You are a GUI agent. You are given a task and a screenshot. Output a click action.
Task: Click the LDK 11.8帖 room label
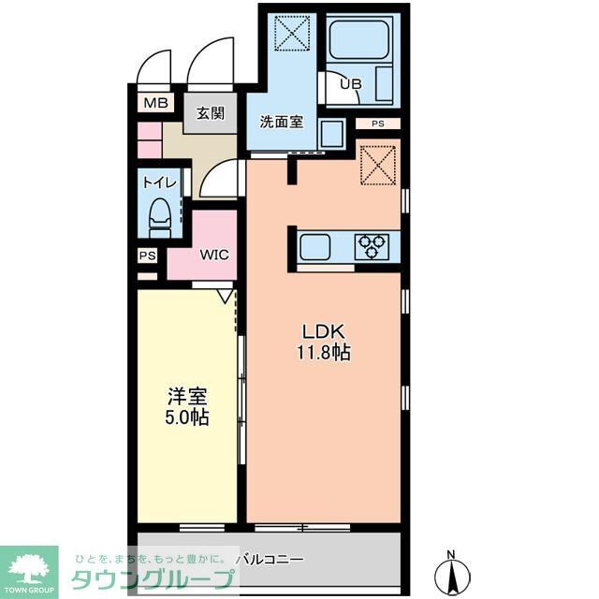[x=324, y=343]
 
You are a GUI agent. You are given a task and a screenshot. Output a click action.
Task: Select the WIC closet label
[x=213, y=255]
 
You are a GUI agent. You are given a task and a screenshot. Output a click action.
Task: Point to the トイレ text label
[x=157, y=183]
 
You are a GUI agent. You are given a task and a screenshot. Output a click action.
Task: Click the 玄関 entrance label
[x=211, y=113]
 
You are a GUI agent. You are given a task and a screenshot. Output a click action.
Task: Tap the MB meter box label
[x=155, y=103]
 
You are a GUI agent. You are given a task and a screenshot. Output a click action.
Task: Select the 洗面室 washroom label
[x=280, y=123]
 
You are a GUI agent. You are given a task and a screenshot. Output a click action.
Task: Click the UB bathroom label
[x=350, y=83]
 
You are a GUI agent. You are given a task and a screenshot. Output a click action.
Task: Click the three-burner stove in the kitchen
[x=372, y=247]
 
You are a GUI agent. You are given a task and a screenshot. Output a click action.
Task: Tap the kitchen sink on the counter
[x=314, y=248]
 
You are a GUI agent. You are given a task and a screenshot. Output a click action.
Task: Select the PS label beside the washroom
[x=378, y=124]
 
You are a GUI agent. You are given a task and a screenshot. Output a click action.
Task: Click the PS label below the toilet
[x=147, y=256]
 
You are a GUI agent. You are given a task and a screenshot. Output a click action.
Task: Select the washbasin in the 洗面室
[x=331, y=133]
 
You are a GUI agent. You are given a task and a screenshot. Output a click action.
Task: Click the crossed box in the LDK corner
[x=380, y=165]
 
